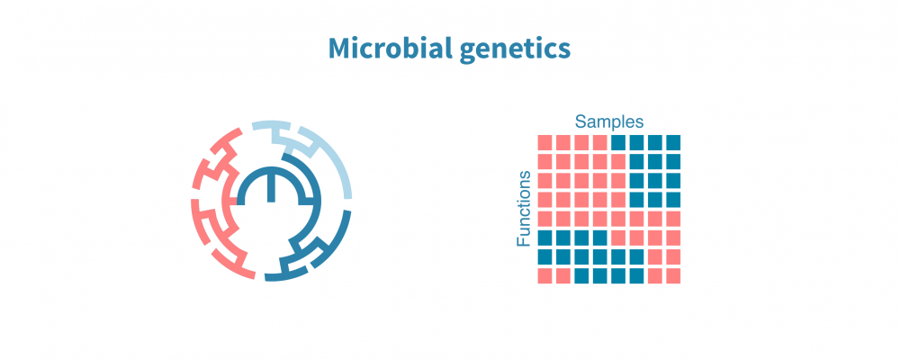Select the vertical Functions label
click(524, 209)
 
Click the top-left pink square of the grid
click(544, 142)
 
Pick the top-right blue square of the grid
click(673, 142)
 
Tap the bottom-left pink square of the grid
click(544, 275)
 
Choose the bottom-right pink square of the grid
click(673, 275)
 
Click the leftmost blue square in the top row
click(618, 142)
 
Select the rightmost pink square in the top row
click(599, 142)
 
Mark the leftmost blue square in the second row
click(636, 161)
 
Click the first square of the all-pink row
click(544, 218)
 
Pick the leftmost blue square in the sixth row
click(544, 238)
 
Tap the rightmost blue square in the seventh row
click(636, 256)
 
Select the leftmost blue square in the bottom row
click(581, 275)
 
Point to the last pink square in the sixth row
click(673, 238)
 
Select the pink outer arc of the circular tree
click(196, 216)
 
